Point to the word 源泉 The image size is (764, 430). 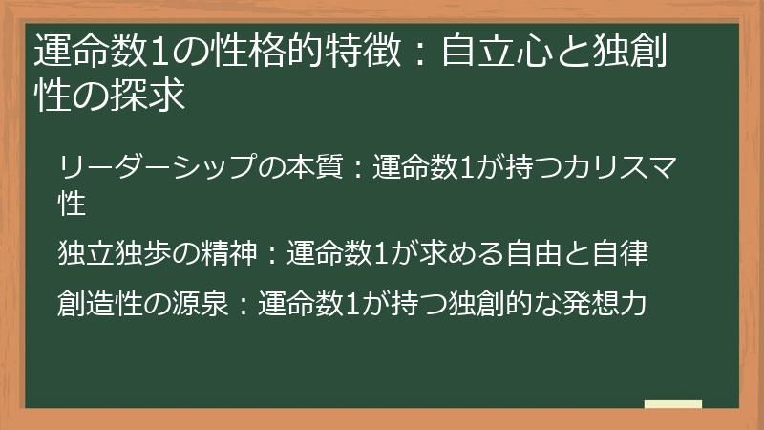(x=202, y=304)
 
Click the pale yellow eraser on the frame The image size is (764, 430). (x=672, y=405)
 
